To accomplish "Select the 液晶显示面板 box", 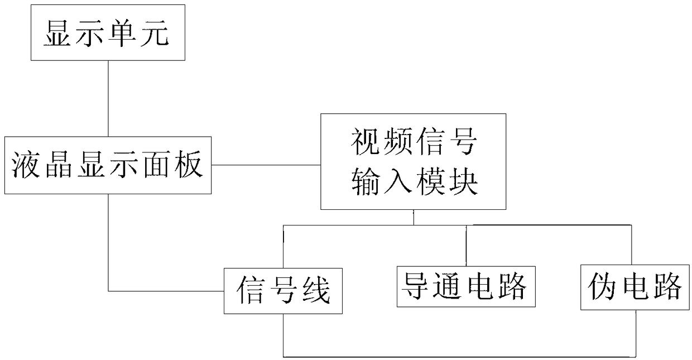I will [x=108, y=165].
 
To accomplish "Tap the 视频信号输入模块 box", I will [x=413, y=161].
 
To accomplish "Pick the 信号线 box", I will [x=283, y=291].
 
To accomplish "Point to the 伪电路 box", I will [x=635, y=287].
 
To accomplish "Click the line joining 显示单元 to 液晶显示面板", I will [x=108, y=98].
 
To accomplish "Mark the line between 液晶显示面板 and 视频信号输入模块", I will [x=266, y=165].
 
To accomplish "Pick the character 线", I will [x=315, y=291].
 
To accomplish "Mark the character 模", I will [x=429, y=182].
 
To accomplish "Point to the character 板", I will [x=187, y=165].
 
